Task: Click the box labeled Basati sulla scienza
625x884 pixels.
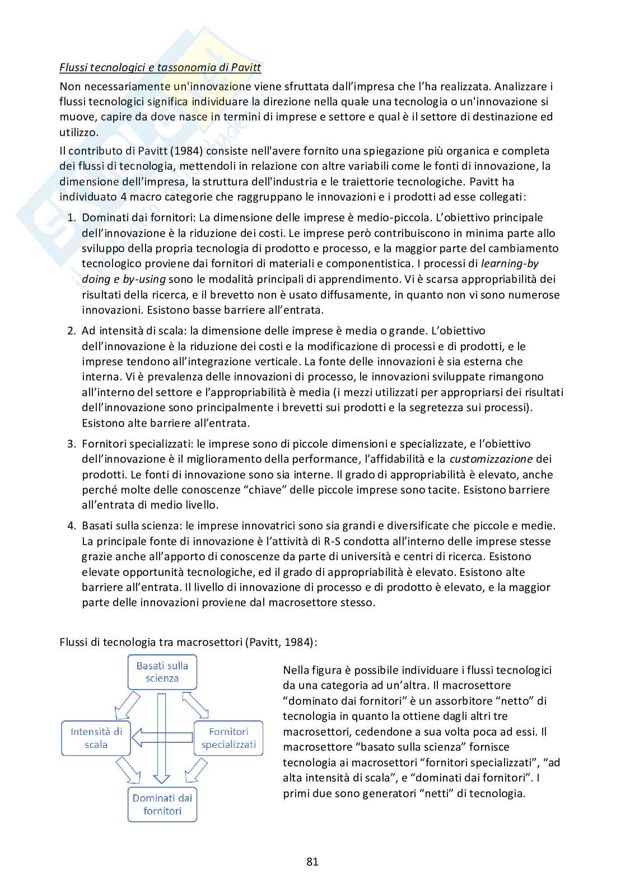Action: pos(162,672)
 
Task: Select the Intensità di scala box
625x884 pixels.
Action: pos(96,738)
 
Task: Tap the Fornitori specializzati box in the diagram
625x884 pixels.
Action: pos(228,738)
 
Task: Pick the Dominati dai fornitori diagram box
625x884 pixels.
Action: pos(162,804)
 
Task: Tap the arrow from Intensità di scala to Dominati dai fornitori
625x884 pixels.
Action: pos(128,770)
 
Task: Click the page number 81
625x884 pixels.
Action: pos(312,862)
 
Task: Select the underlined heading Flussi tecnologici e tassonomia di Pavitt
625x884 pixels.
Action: pos(160,68)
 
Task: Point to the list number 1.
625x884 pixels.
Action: pos(71,217)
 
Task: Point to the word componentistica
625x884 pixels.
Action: pos(363,263)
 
